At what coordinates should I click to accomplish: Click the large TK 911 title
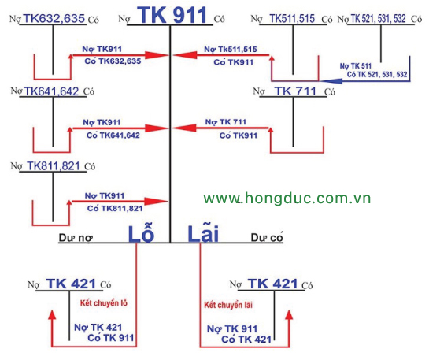point(173,15)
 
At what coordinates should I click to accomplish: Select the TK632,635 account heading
point(54,18)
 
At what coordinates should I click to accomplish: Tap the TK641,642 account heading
point(52,91)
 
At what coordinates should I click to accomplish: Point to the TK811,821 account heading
point(54,166)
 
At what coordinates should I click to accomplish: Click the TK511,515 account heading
point(292,18)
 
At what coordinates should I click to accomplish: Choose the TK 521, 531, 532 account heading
point(378,19)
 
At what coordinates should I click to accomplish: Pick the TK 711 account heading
point(295,91)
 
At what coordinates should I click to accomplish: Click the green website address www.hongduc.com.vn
point(287,198)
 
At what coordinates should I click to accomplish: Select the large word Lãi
point(203,233)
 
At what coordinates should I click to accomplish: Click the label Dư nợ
point(76,238)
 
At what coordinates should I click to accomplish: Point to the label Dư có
point(267,237)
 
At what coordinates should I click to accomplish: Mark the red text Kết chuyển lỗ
point(104,302)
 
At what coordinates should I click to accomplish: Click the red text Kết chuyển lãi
point(228,305)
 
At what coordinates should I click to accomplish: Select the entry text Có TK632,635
point(113,61)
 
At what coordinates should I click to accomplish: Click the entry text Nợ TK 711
point(226,122)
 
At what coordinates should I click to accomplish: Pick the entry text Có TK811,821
point(115,208)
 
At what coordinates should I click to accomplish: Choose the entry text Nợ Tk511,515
point(231,50)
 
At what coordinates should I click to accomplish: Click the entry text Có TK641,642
point(113,135)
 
